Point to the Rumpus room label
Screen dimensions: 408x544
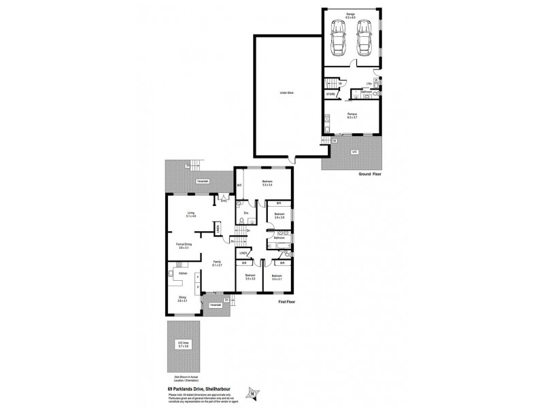352,115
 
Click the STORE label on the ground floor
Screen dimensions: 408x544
330,94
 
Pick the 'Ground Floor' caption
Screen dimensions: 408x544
373,175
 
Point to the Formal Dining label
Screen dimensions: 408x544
182,246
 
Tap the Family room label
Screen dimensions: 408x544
217,263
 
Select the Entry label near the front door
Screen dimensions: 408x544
224,201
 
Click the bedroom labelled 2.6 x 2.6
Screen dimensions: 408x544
279,216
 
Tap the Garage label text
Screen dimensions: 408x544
352,14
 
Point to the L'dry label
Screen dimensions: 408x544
369,84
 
